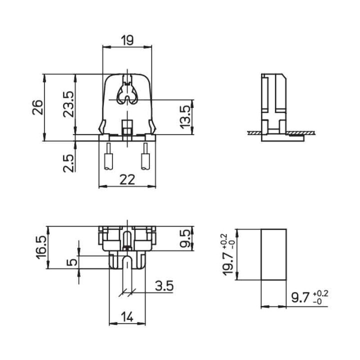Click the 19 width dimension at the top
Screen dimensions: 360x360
point(126,40)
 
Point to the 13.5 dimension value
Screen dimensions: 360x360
point(185,116)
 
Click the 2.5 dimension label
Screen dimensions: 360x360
point(68,163)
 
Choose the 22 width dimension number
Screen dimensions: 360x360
point(127,180)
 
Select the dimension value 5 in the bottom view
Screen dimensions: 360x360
point(73,261)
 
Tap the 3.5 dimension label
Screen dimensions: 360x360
point(164,286)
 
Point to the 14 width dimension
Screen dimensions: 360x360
point(127,316)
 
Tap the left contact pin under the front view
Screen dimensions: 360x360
point(108,161)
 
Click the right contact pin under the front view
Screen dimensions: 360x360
point(146,161)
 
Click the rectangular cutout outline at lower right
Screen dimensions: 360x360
point(274,254)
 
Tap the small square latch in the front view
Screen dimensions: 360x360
point(127,123)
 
